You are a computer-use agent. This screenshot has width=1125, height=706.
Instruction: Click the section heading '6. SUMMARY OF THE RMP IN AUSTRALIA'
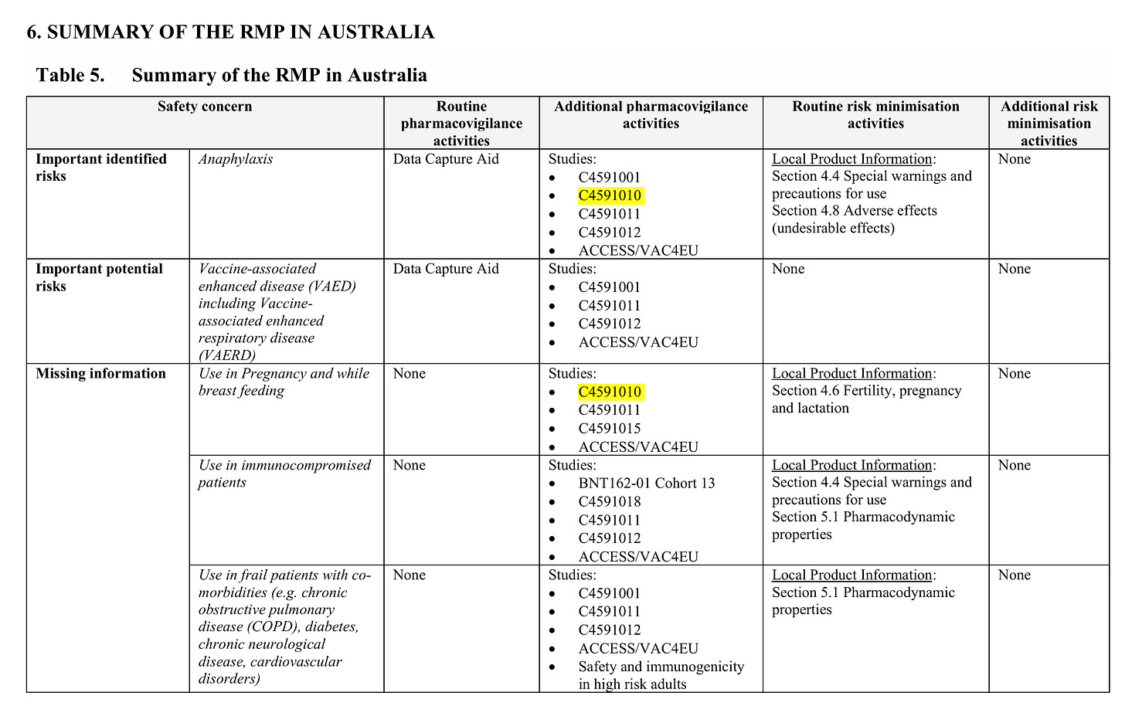pyautogui.click(x=230, y=32)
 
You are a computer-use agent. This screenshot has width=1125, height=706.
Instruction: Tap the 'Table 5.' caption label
pyautogui.click(x=70, y=75)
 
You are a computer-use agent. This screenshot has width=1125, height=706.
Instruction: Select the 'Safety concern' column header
pyautogui.click(x=205, y=107)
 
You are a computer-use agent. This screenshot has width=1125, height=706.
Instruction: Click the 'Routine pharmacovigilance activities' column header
pyautogui.click(x=461, y=123)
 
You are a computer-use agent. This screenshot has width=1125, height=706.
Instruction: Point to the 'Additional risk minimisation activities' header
pyautogui.click(x=1049, y=123)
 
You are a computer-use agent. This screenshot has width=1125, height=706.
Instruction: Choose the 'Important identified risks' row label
pyautogui.click(x=101, y=167)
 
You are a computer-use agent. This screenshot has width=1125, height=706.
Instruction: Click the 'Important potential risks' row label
pyautogui.click(x=99, y=277)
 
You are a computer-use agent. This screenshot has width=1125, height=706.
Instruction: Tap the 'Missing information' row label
pyautogui.click(x=100, y=373)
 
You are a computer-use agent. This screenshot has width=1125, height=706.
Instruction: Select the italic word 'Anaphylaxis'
pyautogui.click(x=236, y=159)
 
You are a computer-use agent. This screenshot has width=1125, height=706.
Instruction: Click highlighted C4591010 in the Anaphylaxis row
pyautogui.click(x=610, y=195)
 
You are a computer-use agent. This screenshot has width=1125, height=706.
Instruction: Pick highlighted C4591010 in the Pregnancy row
pyautogui.click(x=610, y=392)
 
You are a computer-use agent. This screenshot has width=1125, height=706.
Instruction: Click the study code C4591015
pyautogui.click(x=610, y=429)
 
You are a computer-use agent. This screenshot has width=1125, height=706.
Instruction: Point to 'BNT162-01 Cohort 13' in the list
pyautogui.click(x=647, y=483)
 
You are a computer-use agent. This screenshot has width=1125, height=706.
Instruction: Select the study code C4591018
pyautogui.click(x=610, y=501)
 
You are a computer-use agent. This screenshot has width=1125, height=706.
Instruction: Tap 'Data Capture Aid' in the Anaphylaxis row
pyautogui.click(x=446, y=159)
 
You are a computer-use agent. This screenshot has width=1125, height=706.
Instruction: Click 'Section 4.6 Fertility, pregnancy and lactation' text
pyautogui.click(x=866, y=399)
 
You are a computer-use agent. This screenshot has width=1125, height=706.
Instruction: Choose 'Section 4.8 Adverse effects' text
pyautogui.click(x=854, y=211)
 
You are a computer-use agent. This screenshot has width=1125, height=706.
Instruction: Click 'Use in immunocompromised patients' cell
pyautogui.click(x=284, y=473)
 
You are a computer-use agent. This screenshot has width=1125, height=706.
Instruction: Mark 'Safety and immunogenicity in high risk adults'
pyautogui.click(x=661, y=675)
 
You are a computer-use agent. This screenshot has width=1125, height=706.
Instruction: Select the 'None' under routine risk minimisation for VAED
pyautogui.click(x=788, y=269)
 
